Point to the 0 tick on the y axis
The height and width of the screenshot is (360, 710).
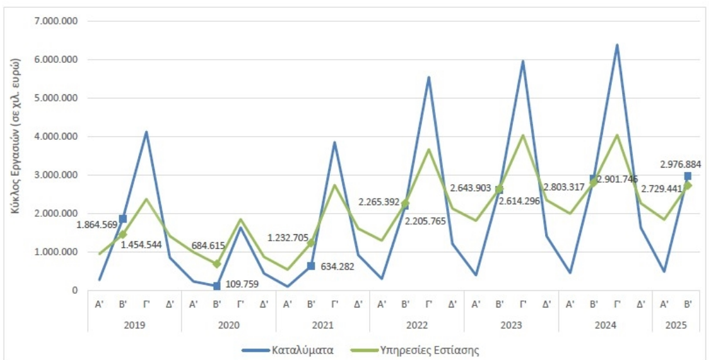click(x=74, y=291)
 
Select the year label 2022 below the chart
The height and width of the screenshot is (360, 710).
click(x=417, y=325)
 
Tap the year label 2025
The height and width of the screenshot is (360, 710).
click(x=676, y=325)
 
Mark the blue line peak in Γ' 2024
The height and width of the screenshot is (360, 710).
click(x=617, y=45)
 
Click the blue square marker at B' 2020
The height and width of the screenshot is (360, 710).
click(x=217, y=286)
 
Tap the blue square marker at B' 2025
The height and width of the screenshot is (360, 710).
click(x=688, y=176)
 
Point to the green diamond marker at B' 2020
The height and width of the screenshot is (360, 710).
click(x=217, y=264)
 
